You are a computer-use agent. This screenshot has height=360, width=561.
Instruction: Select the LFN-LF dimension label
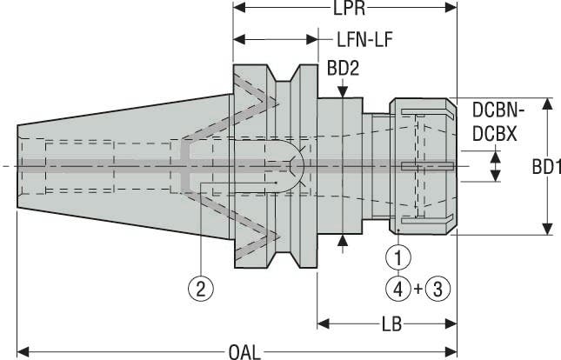(x=370, y=39)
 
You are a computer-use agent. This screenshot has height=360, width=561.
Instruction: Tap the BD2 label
(x=344, y=67)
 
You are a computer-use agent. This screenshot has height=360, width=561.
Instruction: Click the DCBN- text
(x=500, y=111)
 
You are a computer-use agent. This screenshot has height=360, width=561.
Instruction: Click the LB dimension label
(x=391, y=324)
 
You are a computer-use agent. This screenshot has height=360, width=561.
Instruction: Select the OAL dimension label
(x=245, y=351)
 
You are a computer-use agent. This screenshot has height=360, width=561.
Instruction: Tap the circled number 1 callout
(x=397, y=257)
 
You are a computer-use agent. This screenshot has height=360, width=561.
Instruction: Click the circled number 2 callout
(x=200, y=289)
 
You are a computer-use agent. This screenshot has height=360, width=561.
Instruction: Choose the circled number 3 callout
(x=439, y=288)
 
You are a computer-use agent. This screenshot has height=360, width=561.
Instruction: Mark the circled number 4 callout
(x=397, y=288)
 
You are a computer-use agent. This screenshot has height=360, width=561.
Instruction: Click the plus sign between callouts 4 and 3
(x=418, y=288)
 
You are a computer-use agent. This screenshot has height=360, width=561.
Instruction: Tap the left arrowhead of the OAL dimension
(x=23, y=351)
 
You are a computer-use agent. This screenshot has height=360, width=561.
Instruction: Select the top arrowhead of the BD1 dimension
(x=547, y=103)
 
